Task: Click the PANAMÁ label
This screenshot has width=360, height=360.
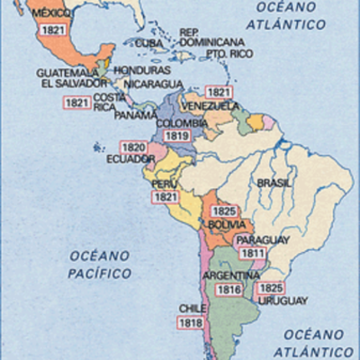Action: [136, 115]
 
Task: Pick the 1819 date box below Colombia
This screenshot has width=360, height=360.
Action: [177, 136]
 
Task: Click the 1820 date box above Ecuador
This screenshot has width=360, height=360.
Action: [133, 147]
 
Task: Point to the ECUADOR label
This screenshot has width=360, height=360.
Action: [125, 159]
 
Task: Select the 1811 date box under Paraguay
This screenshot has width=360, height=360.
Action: [253, 254]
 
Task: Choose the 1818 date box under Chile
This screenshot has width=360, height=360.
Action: [190, 322]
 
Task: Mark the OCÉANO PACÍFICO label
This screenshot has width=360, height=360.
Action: [99, 264]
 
